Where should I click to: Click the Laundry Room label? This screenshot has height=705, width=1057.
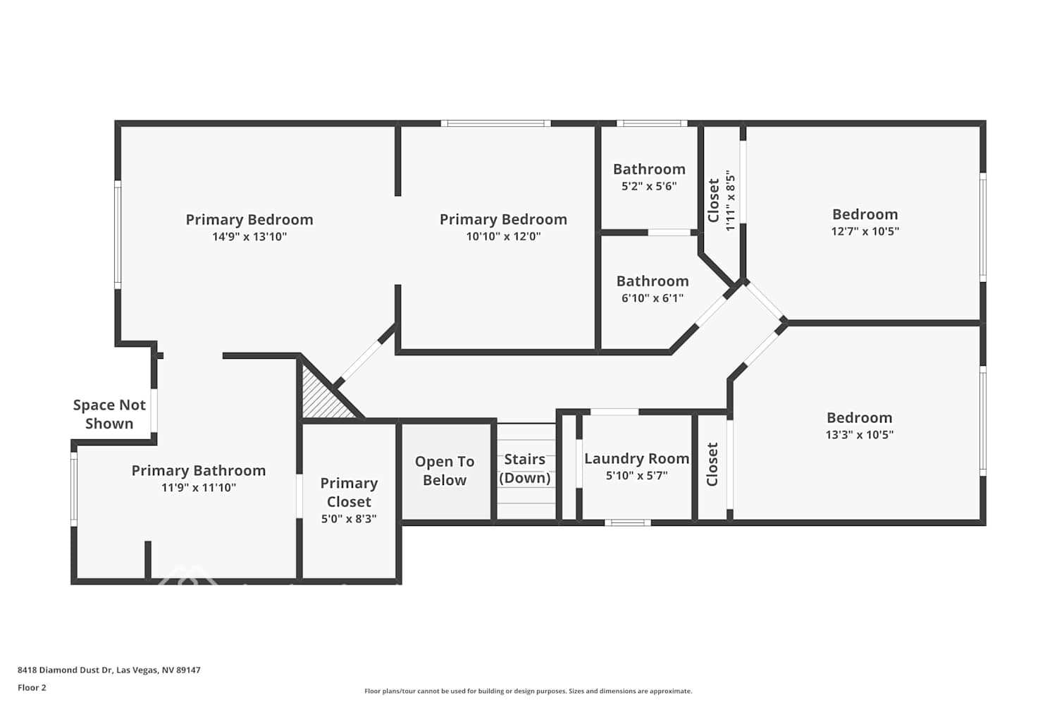coord(636,458)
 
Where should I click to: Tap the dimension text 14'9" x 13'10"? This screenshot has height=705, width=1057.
coord(249,237)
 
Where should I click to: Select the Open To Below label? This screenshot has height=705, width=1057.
coord(445,471)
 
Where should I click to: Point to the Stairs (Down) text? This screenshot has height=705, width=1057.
coord(525,468)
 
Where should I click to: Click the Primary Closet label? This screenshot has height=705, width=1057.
coord(350,493)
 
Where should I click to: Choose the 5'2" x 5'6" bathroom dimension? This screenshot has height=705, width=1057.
coord(649,186)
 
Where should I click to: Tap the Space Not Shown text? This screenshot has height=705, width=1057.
coord(109,414)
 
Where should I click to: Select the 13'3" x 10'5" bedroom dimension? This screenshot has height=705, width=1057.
coord(859,434)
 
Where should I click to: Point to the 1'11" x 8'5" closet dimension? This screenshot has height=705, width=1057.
coord(731,201)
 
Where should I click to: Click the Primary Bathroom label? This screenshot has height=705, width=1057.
coord(199,470)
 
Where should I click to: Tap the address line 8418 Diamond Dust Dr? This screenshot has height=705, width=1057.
coord(109,670)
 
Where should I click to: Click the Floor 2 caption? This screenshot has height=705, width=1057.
coord(32,687)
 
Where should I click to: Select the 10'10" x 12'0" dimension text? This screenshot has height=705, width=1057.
coord(504,236)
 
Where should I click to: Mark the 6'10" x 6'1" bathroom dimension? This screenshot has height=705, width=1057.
coord(653,298)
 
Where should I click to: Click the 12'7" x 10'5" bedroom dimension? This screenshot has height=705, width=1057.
coord(865,231)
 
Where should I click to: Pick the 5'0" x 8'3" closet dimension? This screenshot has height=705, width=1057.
coord(350,519)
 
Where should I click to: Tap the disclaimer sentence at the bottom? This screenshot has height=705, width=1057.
coord(528,691)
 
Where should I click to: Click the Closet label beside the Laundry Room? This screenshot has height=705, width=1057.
coord(712,464)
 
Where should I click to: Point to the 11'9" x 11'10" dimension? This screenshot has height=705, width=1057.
coord(199,487)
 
